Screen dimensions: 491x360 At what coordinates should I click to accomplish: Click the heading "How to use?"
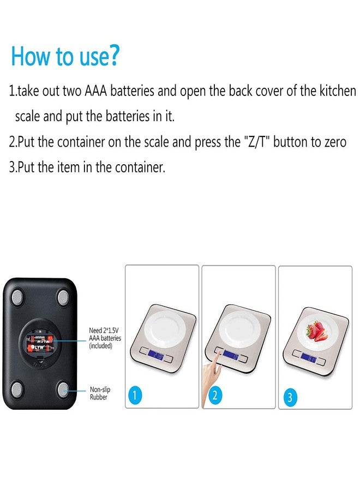65,56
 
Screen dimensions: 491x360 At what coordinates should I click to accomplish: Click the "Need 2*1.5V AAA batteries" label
105,338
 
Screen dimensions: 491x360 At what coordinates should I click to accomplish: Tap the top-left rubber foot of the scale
16,297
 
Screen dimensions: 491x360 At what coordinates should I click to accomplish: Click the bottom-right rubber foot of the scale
63,390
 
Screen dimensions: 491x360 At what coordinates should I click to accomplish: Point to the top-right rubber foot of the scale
63,297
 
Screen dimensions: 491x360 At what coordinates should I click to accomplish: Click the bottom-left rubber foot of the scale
16,390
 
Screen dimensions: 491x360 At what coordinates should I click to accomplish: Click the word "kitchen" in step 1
337,91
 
